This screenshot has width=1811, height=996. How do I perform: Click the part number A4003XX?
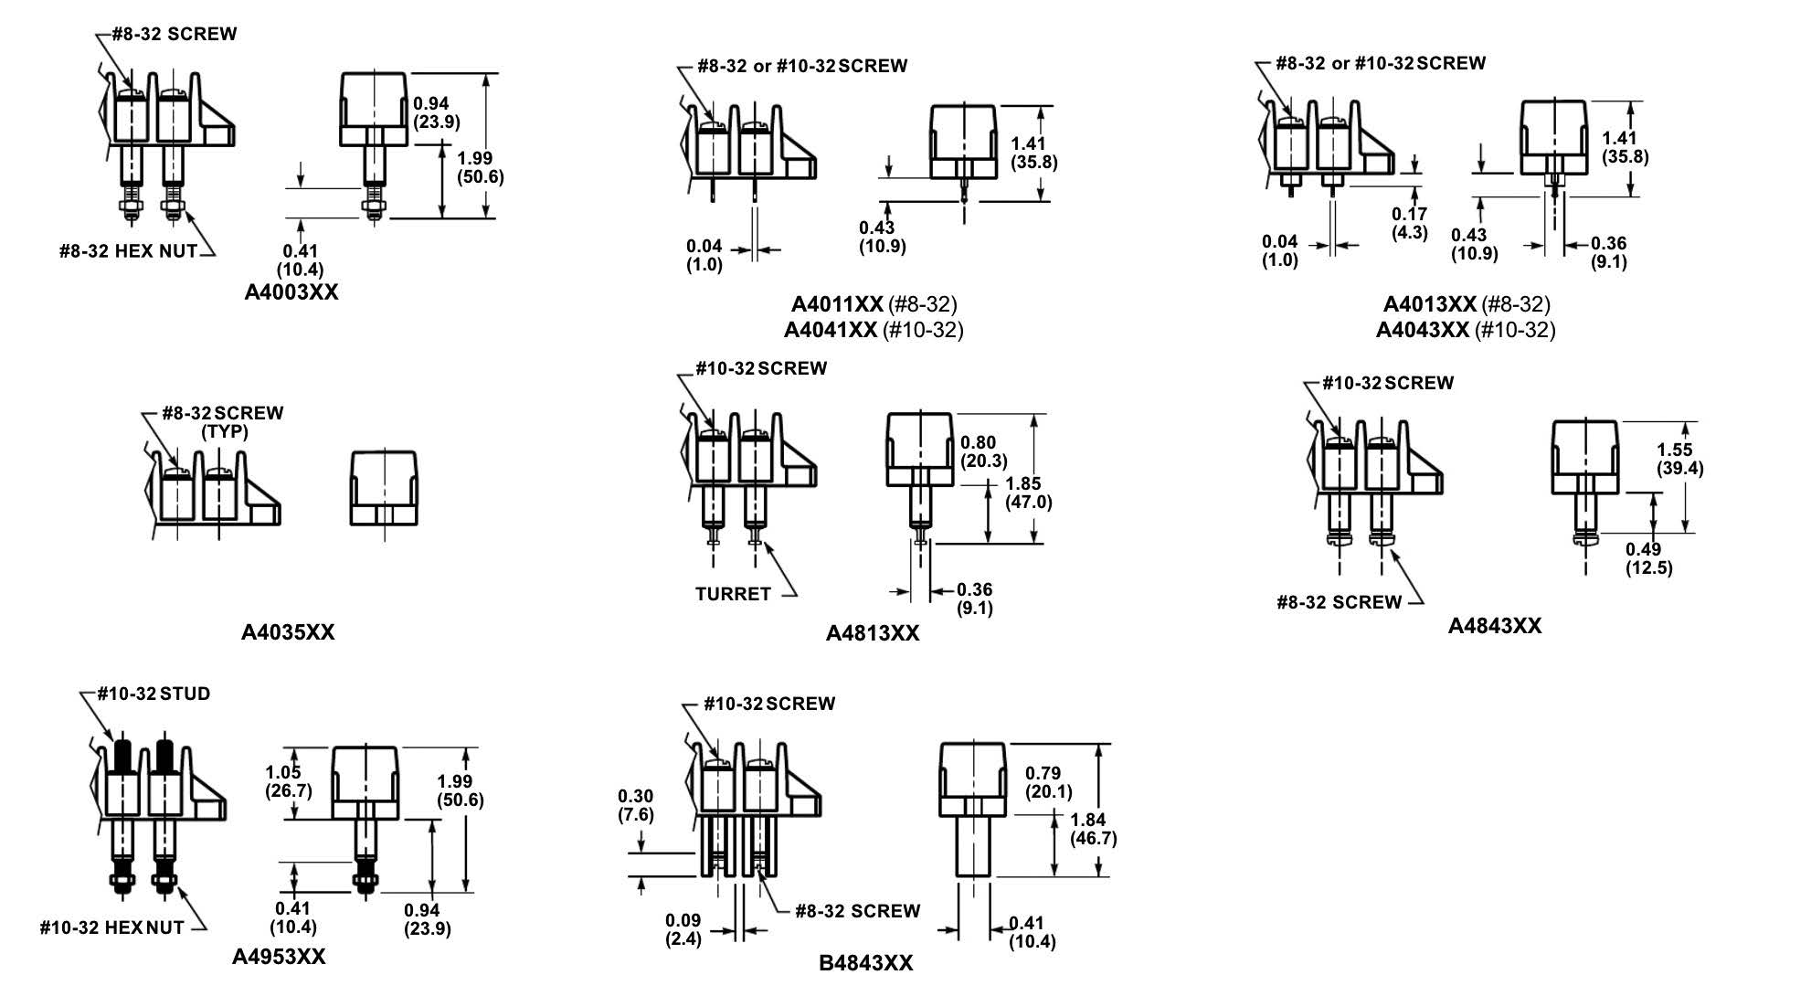click(291, 292)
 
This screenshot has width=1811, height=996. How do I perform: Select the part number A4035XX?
click(288, 632)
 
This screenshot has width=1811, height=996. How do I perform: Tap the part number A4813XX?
click(873, 633)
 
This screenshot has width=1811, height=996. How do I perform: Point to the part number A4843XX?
click(1494, 626)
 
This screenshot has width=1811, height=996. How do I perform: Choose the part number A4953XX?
click(279, 957)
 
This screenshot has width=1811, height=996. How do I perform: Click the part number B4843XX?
click(865, 963)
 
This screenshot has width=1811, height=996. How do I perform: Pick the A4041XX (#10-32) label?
click(874, 329)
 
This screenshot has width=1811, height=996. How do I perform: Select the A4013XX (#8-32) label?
click(1466, 304)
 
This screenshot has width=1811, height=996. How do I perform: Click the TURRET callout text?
click(733, 594)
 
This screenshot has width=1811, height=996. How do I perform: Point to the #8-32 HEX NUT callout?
click(129, 251)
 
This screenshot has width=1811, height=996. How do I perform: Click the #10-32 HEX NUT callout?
click(111, 928)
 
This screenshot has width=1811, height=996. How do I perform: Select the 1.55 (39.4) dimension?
click(1679, 459)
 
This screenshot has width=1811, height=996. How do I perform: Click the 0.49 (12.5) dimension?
click(1648, 558)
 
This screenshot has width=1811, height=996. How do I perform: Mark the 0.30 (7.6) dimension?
click(635, 805)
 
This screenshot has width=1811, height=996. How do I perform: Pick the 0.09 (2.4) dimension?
click(683, 929)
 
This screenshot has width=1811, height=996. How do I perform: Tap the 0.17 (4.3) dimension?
click(1409, 223)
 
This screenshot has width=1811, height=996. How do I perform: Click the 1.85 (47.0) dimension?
click(1028, 493)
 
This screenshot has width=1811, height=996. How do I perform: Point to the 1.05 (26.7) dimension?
click(288, 781)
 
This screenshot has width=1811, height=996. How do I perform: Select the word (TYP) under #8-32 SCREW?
click(225, 431)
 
